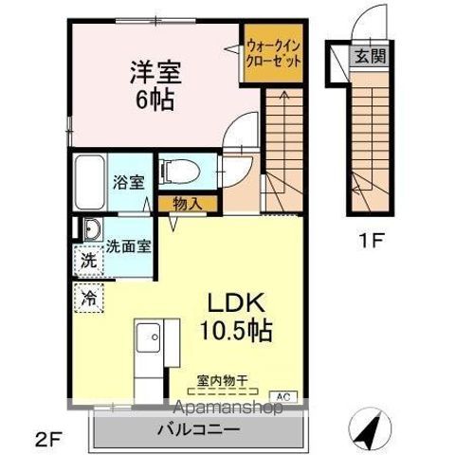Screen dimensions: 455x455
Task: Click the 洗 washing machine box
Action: (86, 258)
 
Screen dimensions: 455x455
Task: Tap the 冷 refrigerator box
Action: (88, 296)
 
